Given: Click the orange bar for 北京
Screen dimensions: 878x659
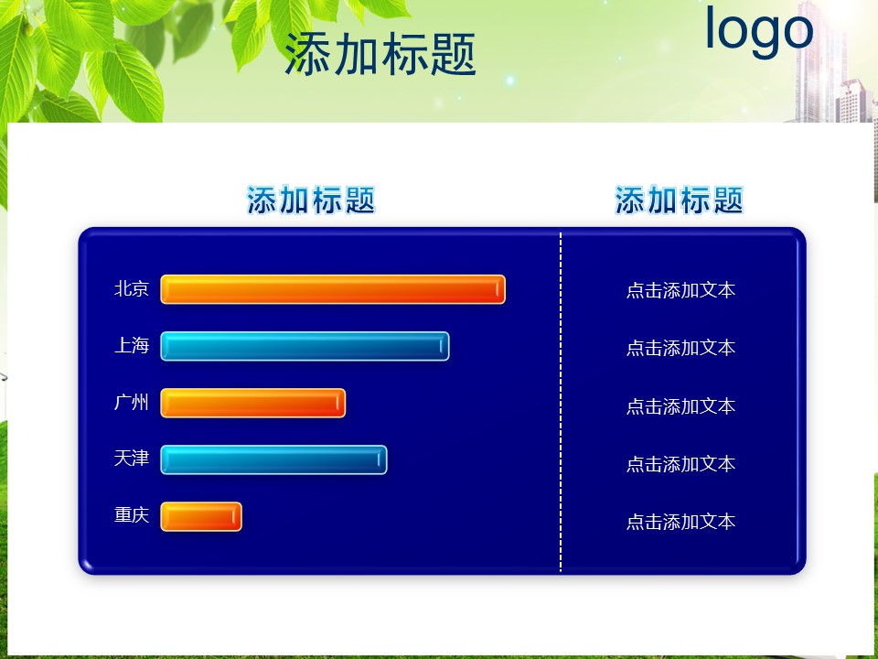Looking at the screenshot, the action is pyautogui.click(x=333, y=289).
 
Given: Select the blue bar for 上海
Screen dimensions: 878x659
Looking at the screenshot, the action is pyautogui.click(x=305, y=346).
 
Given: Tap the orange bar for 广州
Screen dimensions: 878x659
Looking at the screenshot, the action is pyautogui.click(x=252, y=403).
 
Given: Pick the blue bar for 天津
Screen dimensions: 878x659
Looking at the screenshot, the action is pyautogui.click(x=273, y=459).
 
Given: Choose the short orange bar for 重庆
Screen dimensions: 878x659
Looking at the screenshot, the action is pyautogui.click(x=201, y=516).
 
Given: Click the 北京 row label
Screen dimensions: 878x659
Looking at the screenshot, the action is pyautogui.click(x=132, y=288).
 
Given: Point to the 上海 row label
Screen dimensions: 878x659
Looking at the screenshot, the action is pyautogui.click(x=132, y=345).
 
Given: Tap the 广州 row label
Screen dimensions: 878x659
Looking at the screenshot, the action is pyautogui.click(x=132, y=402).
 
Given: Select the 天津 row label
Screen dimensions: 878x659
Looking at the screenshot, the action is pyautogui.click(x=132, y=459).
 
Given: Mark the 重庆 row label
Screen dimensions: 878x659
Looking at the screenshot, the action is pyautogui.click(x=132, y=514).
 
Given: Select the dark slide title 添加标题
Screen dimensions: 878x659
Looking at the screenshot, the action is pyautogui.click(x=380, y=54).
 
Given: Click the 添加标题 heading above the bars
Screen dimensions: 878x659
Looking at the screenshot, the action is pyautogui.click(x=311, y=200).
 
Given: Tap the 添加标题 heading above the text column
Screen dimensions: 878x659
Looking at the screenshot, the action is pyautogui.click(x=680, y=200).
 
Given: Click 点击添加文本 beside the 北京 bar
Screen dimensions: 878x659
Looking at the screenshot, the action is pyautogui.click(x=680, y=290).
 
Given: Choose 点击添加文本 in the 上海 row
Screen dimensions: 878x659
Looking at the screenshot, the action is pyautogui.click(x=680, y=348).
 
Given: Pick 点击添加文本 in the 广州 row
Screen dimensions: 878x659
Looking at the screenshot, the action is pyautogui.click(x=680, y=406).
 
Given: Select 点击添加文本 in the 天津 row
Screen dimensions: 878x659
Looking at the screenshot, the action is pyautogui.click(x=680, y=464).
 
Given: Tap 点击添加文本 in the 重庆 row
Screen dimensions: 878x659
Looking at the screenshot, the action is pyautogui.click(x=680, y=522).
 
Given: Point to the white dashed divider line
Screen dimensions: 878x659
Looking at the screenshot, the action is pyautogui.click(x=561, y=401).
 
